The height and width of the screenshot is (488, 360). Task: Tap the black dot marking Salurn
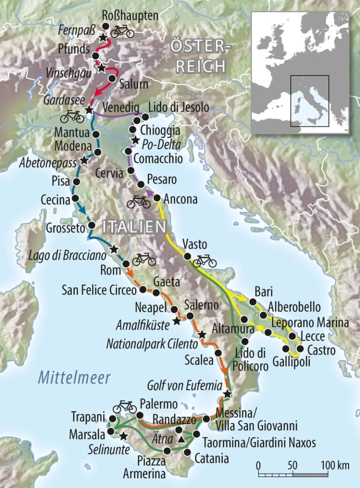(112, 78)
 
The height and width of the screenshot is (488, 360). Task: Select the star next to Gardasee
(89, 110)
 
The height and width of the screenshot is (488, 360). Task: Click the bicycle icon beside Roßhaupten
(122, 31)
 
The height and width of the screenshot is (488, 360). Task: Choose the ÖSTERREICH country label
(201, 56)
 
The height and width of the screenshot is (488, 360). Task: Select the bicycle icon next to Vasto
(205, 261)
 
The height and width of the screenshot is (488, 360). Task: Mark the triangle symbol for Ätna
(180, 439)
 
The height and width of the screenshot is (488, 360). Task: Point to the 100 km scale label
(335, 465)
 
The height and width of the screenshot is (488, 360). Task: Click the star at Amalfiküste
(177, 321)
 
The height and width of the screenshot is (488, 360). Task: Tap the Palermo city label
(158, 404)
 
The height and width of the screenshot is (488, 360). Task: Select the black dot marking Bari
(253, 301)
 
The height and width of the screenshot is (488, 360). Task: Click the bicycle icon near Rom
(144, 259)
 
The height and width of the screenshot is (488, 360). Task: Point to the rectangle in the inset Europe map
(309, 101)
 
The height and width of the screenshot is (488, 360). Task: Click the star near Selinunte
(123, 436)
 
